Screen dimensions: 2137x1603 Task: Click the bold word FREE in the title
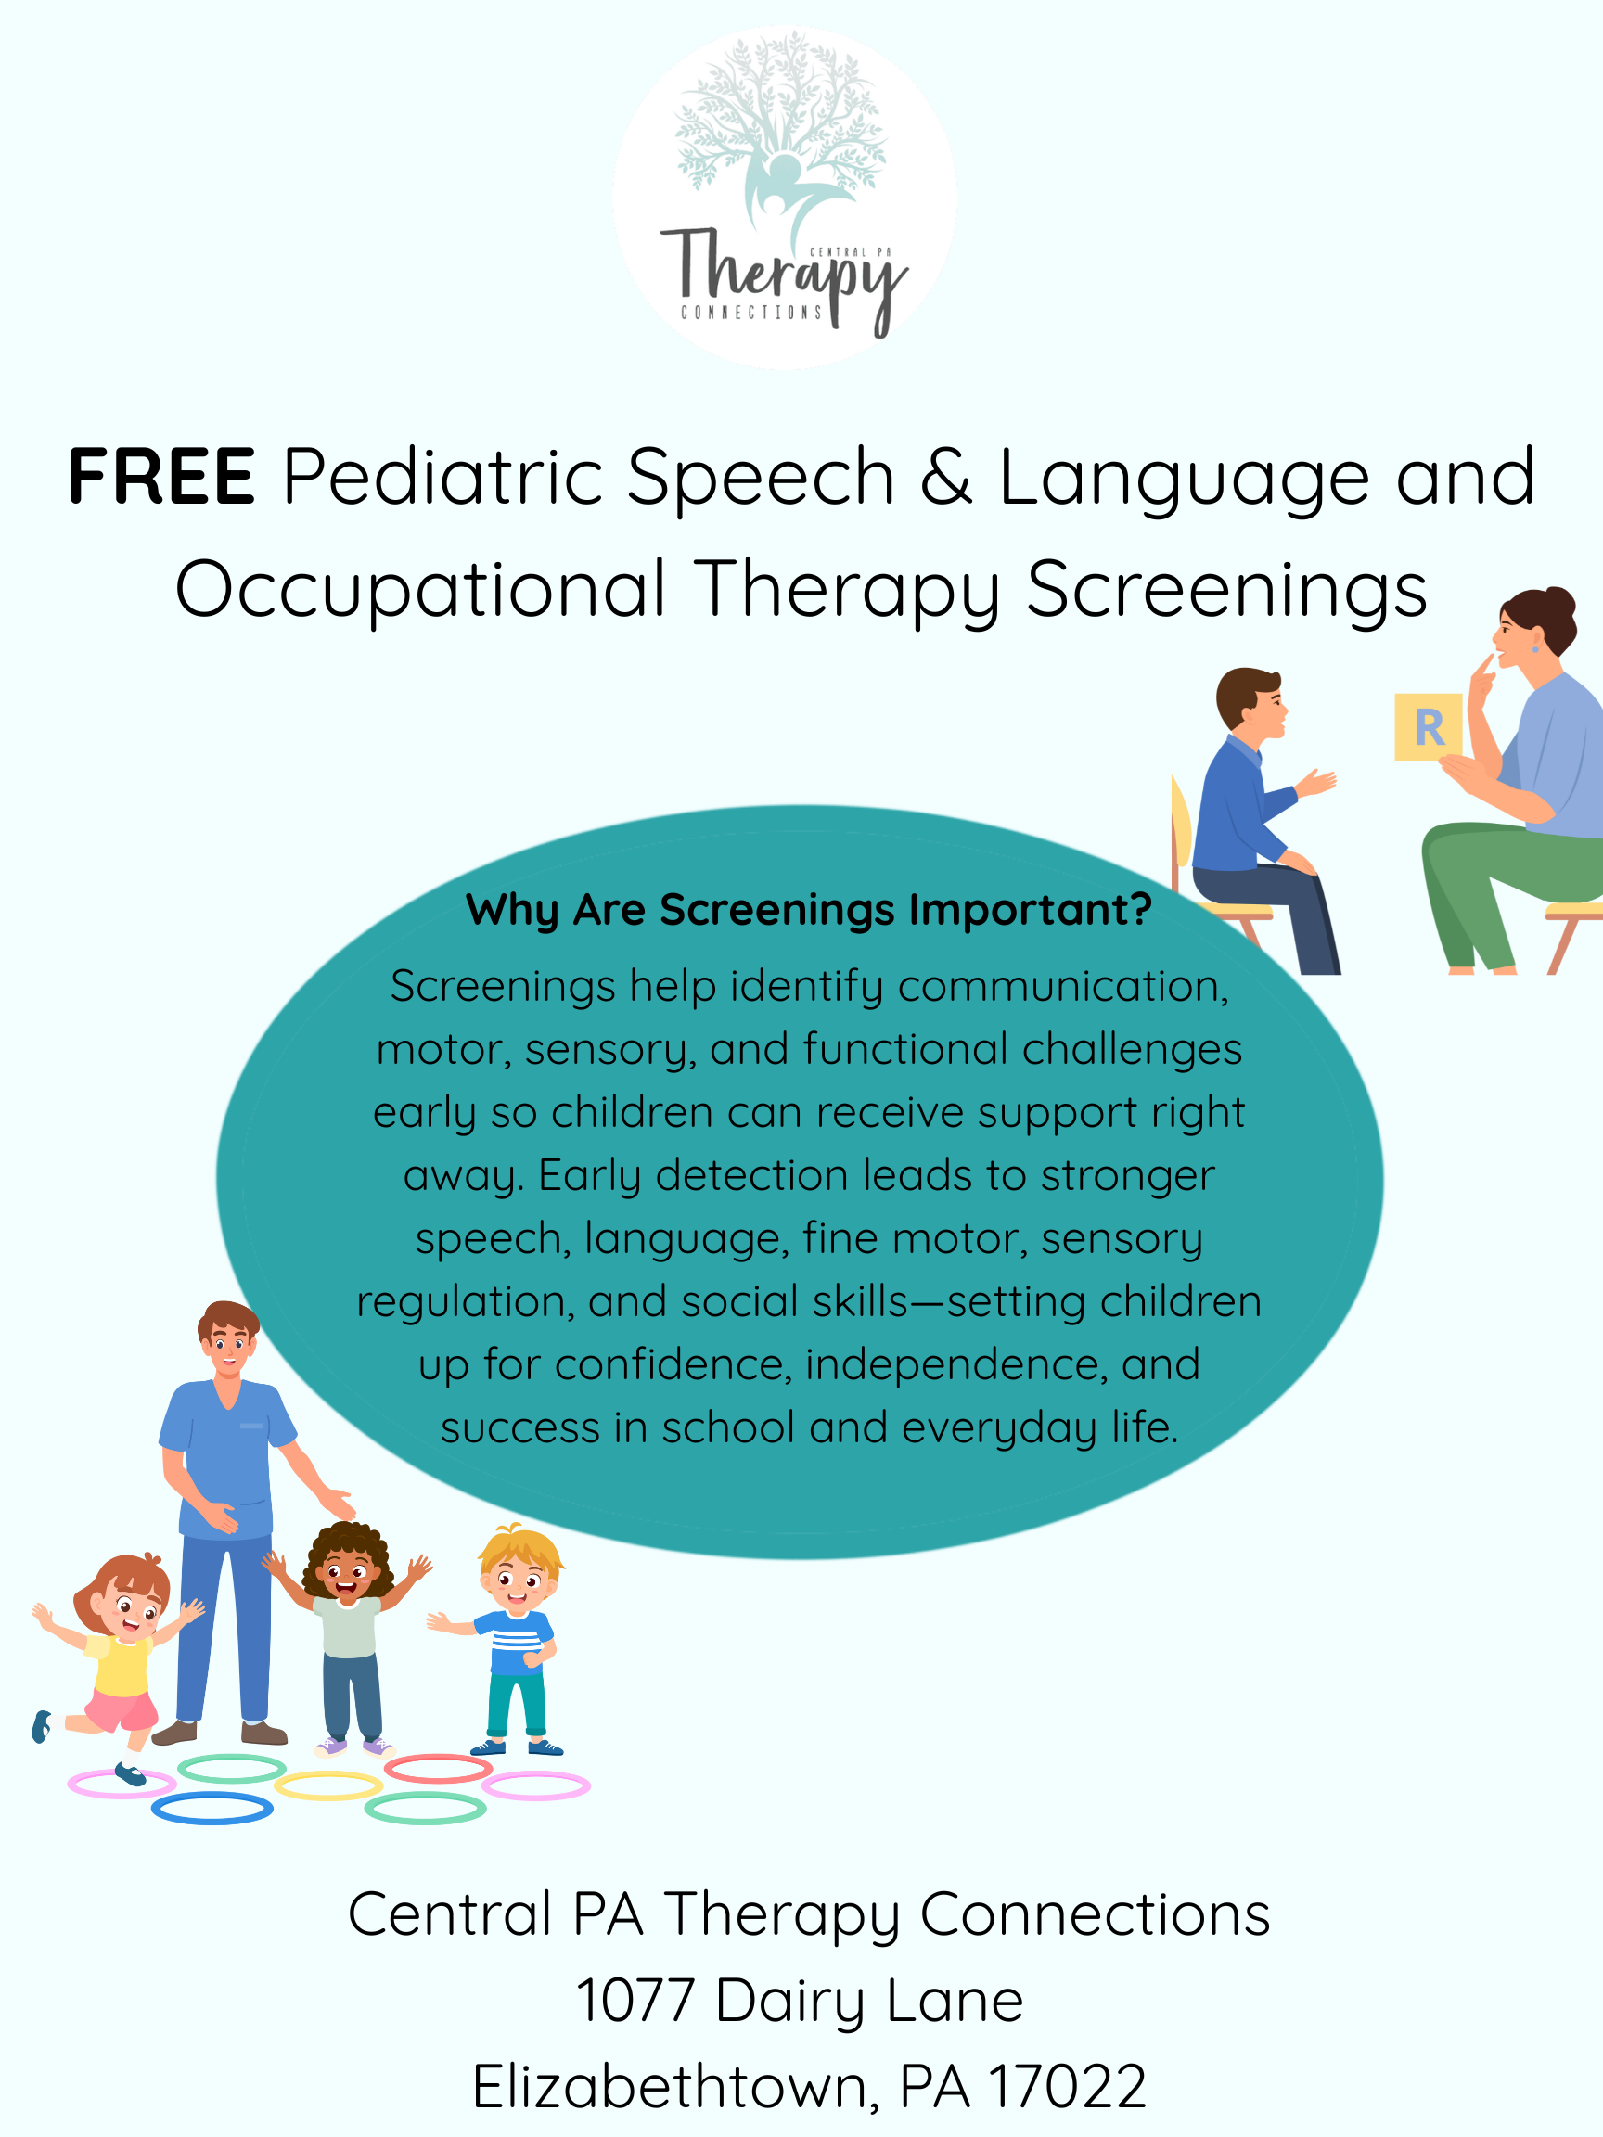[x=161, y=478]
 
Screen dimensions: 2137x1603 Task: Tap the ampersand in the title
[x=946, y=478]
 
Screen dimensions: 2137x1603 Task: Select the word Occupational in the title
[x=420, y=589]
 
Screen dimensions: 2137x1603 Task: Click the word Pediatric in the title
[x=442, y=478]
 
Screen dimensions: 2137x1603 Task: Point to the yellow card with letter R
[x=1427, y=726]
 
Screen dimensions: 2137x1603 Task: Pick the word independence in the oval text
[x=956, y=1365]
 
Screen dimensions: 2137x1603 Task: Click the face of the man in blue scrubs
[x=229, y=1346]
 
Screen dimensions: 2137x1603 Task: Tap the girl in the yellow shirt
[x=121, y=1643]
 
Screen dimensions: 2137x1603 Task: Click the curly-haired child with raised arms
[x=348, y=1623]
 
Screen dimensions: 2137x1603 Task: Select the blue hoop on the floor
[x=212, y=1809]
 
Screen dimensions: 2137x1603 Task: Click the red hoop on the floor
[x=439, y=1769]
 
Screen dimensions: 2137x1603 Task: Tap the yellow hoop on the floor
[x=328, y=1786]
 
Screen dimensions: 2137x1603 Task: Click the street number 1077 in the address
[x=635, y=2001]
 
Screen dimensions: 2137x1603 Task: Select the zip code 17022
[x=1069, y=2087]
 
